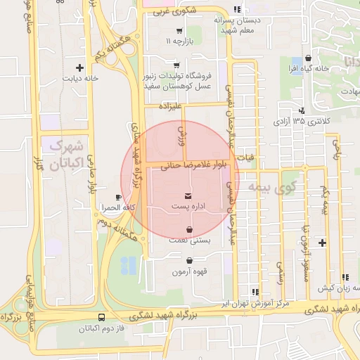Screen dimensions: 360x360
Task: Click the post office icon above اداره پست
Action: [188, 195]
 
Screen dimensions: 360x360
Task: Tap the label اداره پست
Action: [188, 207]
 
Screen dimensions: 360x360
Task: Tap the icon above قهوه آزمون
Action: [188, 261]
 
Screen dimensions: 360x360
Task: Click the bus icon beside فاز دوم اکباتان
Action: [103, 317]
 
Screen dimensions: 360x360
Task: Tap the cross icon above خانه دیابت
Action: [79, 68]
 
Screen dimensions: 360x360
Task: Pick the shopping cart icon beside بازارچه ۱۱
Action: [179, 31]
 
